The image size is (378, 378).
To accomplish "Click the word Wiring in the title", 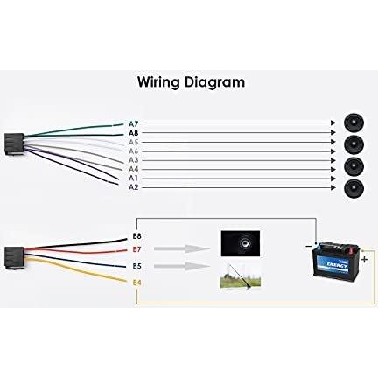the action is click(158, 82).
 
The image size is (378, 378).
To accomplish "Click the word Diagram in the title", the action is click(214, 82).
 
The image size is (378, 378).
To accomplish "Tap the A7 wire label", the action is click(133, 124).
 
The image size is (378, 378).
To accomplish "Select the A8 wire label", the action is click(133, 133).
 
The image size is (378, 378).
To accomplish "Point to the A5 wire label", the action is click(133, 143).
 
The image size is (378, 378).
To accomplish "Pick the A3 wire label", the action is click(133, 160).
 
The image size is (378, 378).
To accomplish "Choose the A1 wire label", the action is click(133, 178).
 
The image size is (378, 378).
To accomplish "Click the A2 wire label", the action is click(133, 187).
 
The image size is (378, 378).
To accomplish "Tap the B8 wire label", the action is click(136, 236).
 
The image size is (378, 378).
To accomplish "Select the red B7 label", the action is click(136, 249).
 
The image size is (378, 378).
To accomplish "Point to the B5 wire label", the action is click(136, 266).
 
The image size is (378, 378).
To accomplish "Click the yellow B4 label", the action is click(136, 283).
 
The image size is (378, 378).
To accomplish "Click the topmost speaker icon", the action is click(353, 122).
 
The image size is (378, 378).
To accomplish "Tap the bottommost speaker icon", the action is click(353, 188).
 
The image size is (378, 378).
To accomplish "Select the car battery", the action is click(335, 261).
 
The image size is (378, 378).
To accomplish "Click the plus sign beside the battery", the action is click(365, 259).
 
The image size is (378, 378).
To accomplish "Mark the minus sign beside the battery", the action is click(309, 247).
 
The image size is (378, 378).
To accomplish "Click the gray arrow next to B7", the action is click(182, 249).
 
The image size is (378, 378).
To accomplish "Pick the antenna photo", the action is click(240, 276).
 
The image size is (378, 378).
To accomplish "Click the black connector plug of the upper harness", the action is click(14, 143).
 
